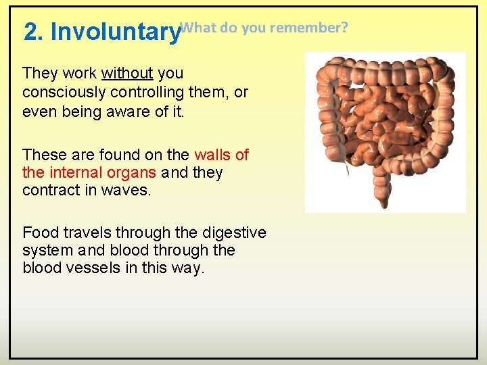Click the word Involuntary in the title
click(x=116, y=32)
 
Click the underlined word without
click(x=127, y=73)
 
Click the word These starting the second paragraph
click(x=44, y=155)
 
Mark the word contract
click(x=49, y=190)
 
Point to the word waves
click(x=126, y=190)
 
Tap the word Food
click(x=40, y=233)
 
